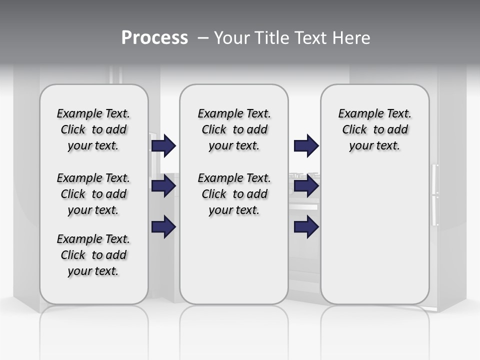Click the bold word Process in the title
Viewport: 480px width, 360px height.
click(154, 38)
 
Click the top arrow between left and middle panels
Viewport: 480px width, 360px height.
click(163, 145)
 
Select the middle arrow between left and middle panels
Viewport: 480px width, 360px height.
click(163, 186)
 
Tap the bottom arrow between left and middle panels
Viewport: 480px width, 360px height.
click(163, 227)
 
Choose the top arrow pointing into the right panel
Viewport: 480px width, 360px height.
click(306, 145)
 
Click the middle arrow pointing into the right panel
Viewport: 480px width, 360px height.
click(306, 186)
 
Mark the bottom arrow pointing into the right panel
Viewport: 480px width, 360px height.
click(306, 227)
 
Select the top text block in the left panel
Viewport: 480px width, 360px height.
click(93, 129)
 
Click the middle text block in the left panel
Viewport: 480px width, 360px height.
click(93, 194)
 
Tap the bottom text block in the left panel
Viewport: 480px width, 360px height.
click(93, 255)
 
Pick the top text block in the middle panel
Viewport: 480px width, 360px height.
click(234, 129)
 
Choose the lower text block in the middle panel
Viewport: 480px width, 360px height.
click(234, 194)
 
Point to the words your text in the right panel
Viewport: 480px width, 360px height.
click(374, 146)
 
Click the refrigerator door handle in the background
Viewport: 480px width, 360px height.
click(434, 195)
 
